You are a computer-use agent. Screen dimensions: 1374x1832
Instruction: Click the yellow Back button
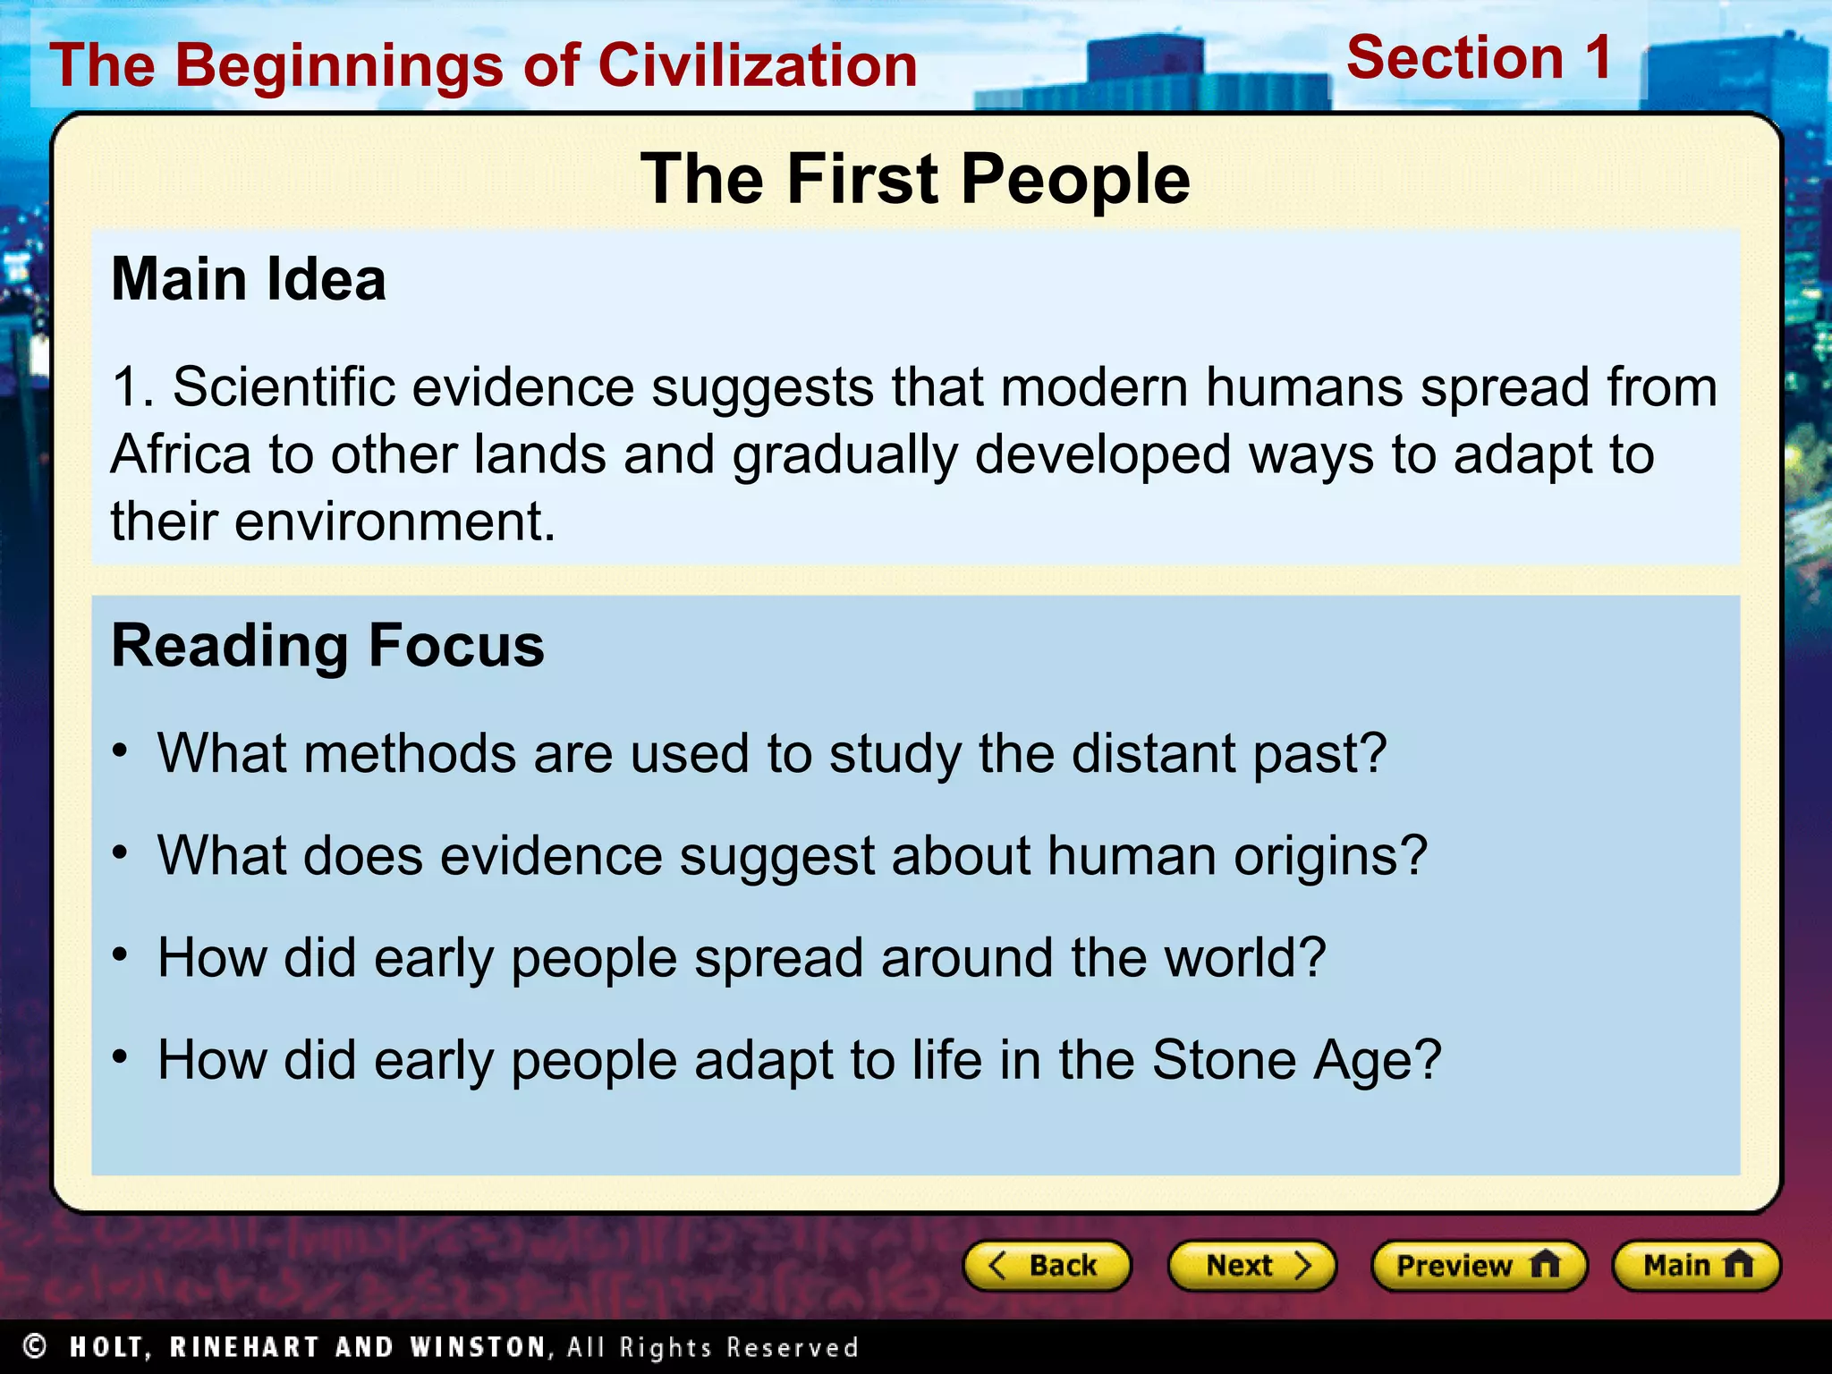click(1046, 1266)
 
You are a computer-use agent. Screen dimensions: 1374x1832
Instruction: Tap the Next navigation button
click(1251, 1266)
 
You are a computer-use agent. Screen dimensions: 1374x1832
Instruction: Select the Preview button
click(1478, 1266)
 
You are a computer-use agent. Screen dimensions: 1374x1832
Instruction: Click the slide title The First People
click(915, 179)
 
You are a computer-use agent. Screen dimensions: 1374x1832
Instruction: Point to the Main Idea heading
click(249, 279)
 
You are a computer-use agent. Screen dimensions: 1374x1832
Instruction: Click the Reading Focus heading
click(327, 646)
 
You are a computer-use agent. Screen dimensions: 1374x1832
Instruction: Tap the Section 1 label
click(1479, 58)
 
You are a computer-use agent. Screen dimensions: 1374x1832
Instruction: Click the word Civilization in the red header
click(758, 66)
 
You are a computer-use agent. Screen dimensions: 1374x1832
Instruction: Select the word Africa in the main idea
click(181, 454)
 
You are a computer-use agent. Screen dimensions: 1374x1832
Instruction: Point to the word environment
click(394, 522)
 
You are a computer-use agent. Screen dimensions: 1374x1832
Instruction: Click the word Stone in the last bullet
click(1224, 1060)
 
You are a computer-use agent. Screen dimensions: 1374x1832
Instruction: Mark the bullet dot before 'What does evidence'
click(121, 853)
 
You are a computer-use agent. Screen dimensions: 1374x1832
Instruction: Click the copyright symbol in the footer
click(35, 1346)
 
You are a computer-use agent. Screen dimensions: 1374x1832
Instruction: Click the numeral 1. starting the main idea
click(132, 387)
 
